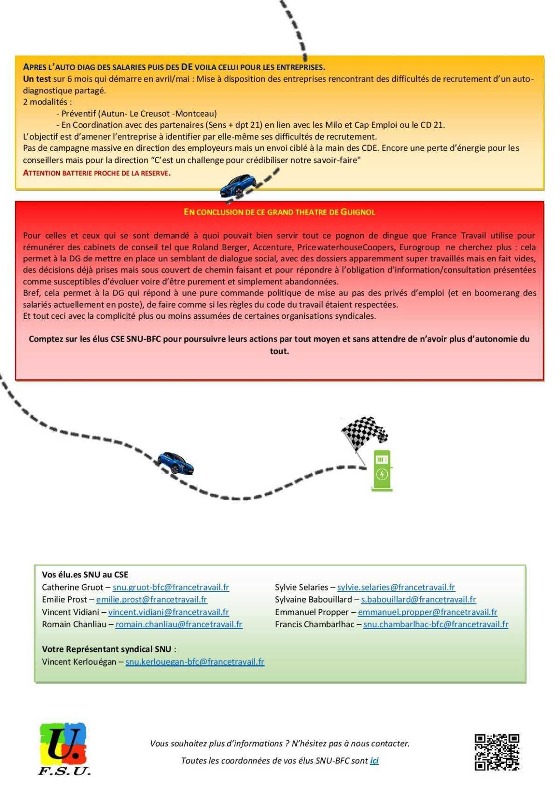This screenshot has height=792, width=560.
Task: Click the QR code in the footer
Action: pos(497,752)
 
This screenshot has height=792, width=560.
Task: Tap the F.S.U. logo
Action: pos(64,749)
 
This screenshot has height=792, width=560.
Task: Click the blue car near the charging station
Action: pos(175,463)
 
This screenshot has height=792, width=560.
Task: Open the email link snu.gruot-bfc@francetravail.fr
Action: pos(171,587)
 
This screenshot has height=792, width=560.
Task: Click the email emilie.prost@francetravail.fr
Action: pos(152,599)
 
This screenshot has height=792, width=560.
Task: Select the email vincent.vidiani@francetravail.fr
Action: pos(168,612)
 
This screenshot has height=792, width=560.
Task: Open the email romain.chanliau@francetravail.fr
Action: pos(179,624)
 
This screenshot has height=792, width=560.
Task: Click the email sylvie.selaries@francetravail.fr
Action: pos(396,587)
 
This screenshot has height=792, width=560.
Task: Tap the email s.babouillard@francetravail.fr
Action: pos(418,599)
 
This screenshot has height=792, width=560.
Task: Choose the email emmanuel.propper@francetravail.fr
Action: pos(427,612)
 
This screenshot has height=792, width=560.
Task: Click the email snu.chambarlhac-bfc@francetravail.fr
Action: pos(436,624)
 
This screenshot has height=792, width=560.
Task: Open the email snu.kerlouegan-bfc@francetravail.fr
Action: pos(195,661)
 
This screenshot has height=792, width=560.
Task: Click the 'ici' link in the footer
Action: pos(374,760)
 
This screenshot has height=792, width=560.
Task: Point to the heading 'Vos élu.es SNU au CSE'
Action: pos(85,575)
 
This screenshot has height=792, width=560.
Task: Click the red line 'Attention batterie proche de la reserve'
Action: pos(97,173)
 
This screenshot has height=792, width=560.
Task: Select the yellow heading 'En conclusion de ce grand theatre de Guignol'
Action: pos(279,212)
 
